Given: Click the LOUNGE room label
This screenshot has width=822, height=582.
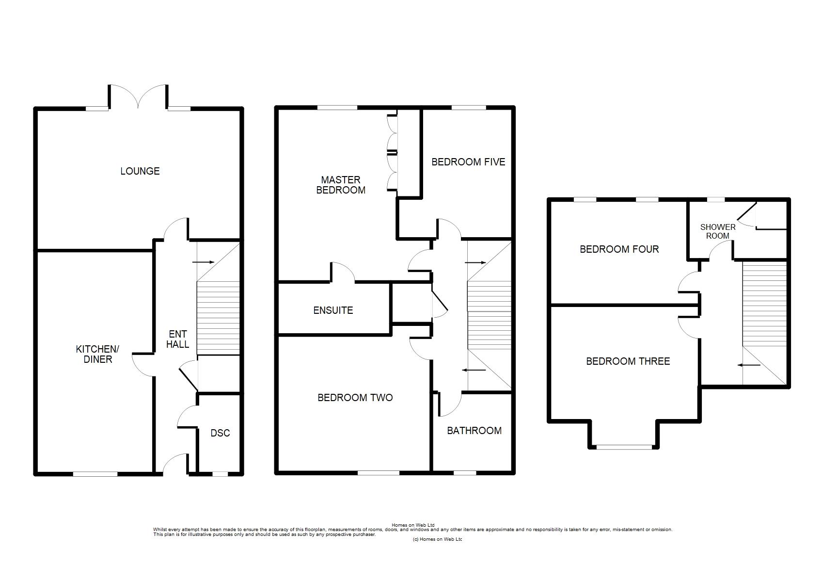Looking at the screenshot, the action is point(140,171).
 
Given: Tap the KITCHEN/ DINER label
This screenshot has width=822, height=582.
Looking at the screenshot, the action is point(97,354).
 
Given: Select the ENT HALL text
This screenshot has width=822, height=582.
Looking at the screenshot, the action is point(177,339).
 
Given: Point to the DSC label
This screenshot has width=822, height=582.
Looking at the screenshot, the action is point(220,433).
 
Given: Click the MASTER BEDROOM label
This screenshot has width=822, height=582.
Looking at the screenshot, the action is point(341,185).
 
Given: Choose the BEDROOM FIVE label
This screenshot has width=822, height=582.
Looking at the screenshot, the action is point(468,162).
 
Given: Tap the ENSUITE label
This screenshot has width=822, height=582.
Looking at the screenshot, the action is point(333,310).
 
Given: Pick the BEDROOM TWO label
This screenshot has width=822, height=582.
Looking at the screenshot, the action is point(355,398).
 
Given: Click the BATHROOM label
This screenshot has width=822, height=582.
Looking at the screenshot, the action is point(474,431).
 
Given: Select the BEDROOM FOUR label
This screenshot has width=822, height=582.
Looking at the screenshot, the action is point(619,249).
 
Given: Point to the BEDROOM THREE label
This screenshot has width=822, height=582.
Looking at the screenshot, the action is point(628,361).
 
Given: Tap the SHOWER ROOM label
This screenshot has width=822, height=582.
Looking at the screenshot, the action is point(718,232).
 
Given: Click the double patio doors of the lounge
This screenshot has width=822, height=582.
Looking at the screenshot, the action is point(138,97).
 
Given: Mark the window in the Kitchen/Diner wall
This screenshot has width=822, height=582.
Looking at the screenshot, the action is point(95,474).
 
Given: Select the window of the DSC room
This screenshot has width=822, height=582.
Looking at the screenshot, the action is point(220,474).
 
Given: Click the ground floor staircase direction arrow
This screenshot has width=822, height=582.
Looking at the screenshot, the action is point(203,262).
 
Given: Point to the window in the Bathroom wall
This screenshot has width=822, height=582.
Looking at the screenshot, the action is point(465,473).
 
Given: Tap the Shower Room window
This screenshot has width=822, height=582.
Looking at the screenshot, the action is point(716,200).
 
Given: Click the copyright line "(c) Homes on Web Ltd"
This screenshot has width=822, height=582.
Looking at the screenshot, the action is point(438,539).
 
